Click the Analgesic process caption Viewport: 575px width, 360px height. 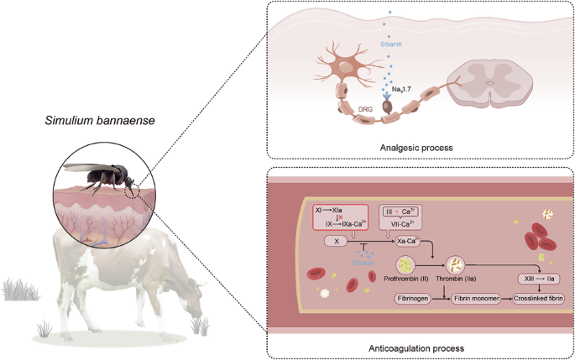point(417,146)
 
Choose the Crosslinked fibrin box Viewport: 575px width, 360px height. point(537,298)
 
